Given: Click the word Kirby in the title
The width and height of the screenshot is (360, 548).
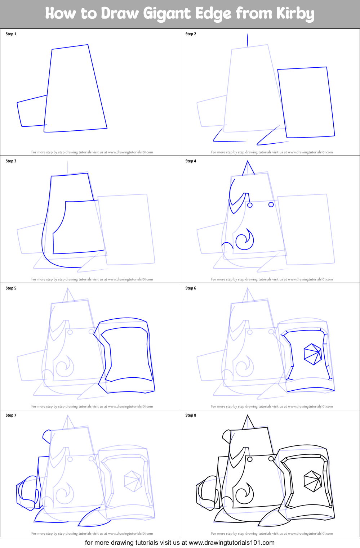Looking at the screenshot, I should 295,14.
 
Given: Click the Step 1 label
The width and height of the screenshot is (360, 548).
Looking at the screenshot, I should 11,34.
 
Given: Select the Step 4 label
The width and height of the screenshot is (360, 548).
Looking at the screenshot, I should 191,161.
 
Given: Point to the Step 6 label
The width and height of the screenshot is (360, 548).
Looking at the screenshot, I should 191,288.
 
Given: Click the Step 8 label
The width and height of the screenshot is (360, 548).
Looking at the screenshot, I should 191,415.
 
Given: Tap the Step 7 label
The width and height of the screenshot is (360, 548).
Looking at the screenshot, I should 11,415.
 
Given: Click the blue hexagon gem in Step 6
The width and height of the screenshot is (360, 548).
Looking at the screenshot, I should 312,354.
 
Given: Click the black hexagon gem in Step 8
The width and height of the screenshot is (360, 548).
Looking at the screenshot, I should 312,481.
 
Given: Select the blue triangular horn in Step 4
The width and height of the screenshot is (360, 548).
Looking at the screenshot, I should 248,169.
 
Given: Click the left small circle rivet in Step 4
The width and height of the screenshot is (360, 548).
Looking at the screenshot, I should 250,205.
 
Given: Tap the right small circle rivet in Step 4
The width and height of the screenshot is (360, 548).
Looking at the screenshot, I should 271,205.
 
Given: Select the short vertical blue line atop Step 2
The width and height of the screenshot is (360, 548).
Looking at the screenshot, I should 247,40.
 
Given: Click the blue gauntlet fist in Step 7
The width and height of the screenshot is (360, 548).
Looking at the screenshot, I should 27,492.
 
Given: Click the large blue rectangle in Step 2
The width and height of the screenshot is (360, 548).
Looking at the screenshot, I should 306,102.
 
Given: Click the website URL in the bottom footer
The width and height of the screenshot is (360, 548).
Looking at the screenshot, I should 231,543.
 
